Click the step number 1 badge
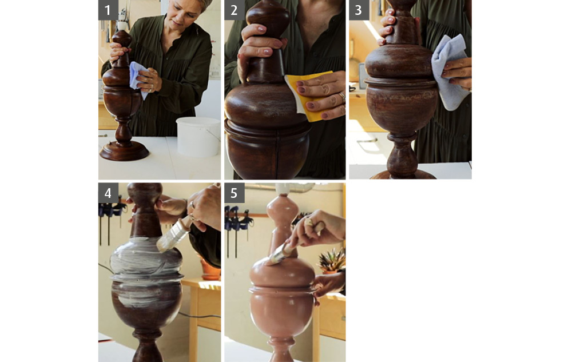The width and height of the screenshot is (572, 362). [x=108, y=10]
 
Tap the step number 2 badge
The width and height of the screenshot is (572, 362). [x=234, y=10]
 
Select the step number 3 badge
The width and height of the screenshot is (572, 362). [x=359, y=10]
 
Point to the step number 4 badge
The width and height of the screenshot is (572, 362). [x=108, y=193]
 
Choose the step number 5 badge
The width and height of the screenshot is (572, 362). [x=234, y=193]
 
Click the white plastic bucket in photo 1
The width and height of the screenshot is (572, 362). [x=198, y=137]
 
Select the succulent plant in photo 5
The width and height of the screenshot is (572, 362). [x=332, y=260]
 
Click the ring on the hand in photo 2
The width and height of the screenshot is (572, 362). [x=342, y=97]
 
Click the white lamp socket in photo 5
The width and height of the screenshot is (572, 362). [x=283, y=189]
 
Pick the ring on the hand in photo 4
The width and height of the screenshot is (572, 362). [x=192, y=205]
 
